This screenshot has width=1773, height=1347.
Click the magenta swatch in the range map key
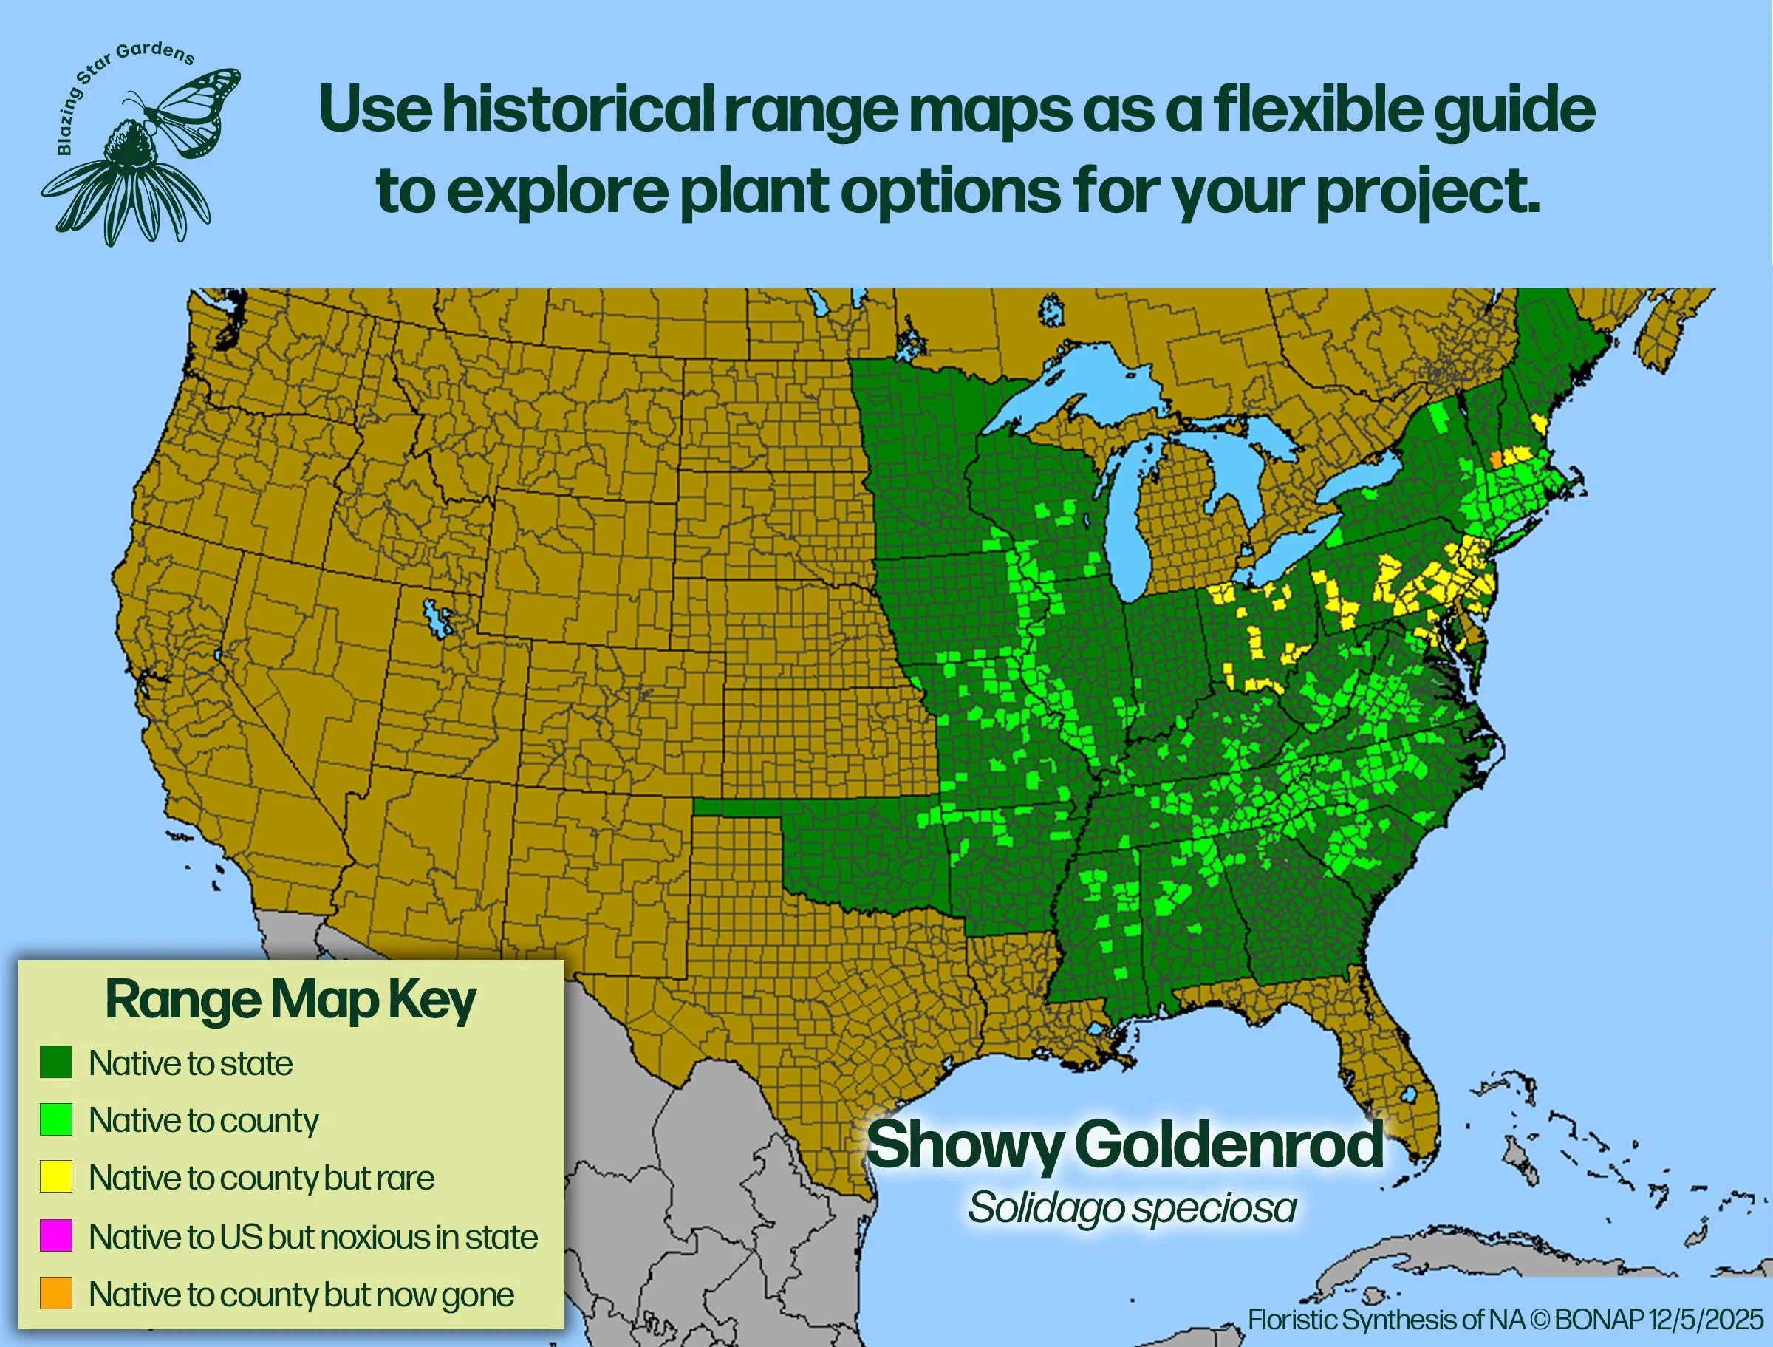coord(56,1235)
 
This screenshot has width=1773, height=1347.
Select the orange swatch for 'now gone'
coord(56,1293)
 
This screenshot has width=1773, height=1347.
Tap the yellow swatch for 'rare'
coord(56,1177)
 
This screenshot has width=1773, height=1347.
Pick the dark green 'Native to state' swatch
coord(56,1063)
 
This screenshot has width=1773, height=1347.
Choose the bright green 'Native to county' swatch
coord(56,1119)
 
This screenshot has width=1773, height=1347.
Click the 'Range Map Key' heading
coord(290,1000)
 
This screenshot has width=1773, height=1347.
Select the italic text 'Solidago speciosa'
coord(1131,1208)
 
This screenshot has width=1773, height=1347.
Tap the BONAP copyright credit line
coord(1506,1319)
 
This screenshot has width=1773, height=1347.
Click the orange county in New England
coord(1496,460)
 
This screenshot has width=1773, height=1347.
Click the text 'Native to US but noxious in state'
coord(312,1236)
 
